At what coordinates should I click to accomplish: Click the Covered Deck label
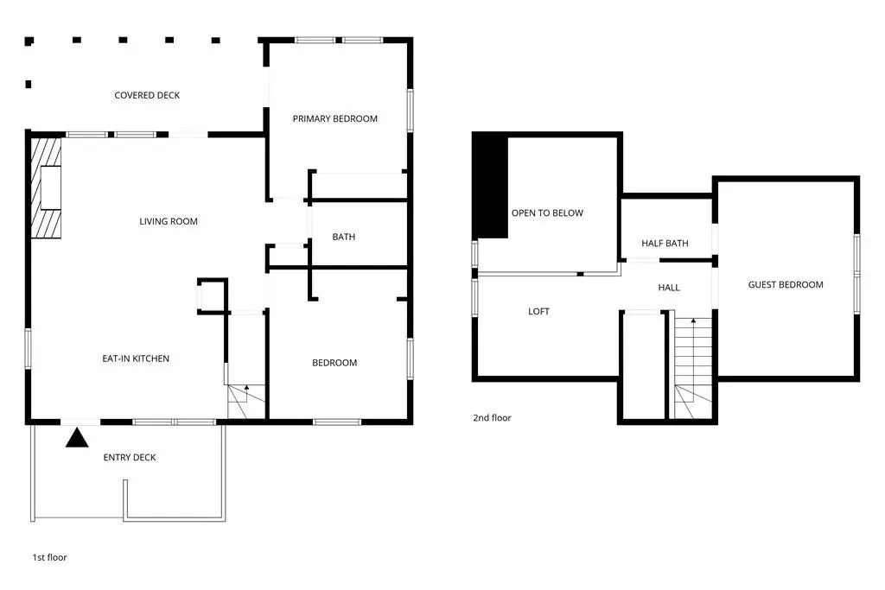147,95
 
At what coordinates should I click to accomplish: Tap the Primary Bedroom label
334,118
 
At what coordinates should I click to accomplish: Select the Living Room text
169,221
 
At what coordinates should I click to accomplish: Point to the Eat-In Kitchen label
136,358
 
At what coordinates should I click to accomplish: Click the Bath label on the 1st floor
344,237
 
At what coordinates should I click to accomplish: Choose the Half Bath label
665,243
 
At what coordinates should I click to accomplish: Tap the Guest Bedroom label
786,285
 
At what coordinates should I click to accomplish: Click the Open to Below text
547,213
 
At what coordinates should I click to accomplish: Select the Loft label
538,311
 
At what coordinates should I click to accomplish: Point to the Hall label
669,288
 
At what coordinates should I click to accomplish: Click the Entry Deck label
130,458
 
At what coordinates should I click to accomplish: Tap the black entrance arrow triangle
77,439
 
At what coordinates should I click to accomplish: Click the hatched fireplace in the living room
46,187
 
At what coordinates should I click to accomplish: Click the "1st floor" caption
49,557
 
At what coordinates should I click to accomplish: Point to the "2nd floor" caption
492,418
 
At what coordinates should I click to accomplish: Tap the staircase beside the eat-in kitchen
246,401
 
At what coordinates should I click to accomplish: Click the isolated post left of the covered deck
29,84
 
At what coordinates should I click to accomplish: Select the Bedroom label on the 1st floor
334,363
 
